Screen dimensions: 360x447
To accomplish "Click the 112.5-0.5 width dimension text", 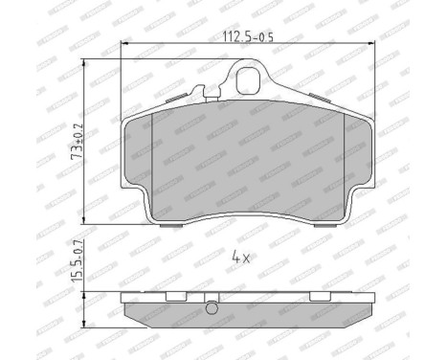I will click(243, 38).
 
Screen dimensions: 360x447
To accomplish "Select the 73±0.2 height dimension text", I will click(75, 139).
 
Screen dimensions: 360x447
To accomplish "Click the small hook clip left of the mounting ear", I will click(200, 94).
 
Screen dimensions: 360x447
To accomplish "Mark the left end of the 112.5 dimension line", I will click(122, 47).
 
